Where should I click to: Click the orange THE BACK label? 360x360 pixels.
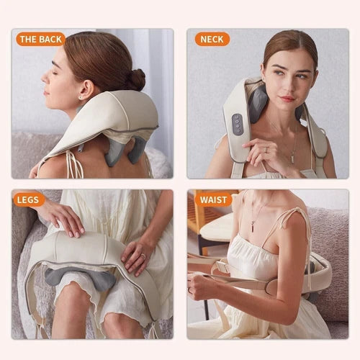click(40, 40)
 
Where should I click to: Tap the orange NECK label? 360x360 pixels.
click(212, 40)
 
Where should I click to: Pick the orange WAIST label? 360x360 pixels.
click(214, 199)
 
